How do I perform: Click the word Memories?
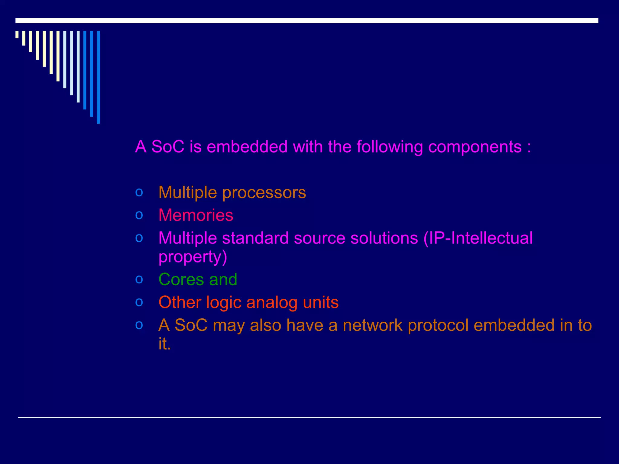coord(196,215)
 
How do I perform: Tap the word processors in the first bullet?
coord(264,193)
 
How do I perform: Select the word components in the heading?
coord(475,147)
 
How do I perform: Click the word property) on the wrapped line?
coord(193,257)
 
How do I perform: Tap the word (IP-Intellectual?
coord(478,238)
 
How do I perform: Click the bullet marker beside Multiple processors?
coord(139,192)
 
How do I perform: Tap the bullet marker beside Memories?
coord(139,215)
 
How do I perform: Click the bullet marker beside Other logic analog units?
coord(139,302)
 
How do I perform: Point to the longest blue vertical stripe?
coord(98,77)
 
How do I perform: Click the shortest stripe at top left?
coord(17,34)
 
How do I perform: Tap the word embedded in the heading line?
coord(247,147)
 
